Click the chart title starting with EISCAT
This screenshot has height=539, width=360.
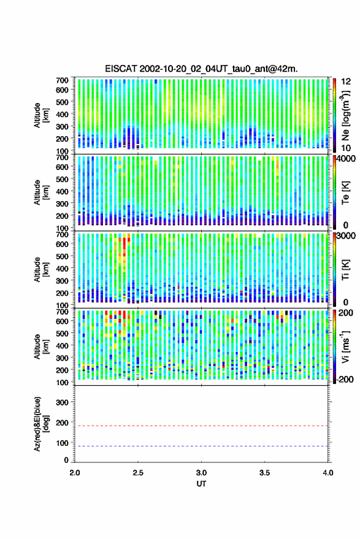201,69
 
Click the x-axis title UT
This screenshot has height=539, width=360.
201,484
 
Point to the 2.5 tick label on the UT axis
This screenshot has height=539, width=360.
138,473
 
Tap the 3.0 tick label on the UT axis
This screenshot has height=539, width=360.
201,473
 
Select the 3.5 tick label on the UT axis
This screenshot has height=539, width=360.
264,473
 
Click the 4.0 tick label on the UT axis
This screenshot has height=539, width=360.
327,473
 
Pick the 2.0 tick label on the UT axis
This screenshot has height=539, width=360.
75,473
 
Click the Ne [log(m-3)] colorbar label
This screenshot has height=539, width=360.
345,115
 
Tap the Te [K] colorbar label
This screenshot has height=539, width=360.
345,193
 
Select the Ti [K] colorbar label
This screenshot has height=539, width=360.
345,270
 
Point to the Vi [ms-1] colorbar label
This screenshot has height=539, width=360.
345,346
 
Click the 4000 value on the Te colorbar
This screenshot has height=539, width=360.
347,159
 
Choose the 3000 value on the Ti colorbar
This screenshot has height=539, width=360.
347,236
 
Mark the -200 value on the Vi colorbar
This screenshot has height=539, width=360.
344,380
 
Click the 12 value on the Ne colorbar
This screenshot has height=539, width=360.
346,82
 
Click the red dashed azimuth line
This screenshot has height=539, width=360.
202,426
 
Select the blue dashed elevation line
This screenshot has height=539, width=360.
202,446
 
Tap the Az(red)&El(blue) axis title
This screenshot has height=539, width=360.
41,424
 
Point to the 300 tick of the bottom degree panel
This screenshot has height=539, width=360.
62,402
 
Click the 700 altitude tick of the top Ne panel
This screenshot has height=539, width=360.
62,80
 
